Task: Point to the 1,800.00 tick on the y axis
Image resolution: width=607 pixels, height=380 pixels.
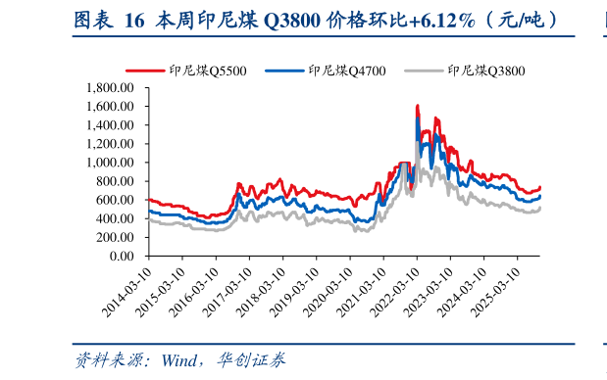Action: pos(107,87)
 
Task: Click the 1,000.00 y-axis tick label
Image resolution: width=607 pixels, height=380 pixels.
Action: pos(107,163)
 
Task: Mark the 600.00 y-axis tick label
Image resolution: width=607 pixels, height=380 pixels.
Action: pos(113,200)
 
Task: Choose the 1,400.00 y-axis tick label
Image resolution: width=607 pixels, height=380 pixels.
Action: pos(107,124)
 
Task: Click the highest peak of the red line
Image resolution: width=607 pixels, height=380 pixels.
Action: pos(418,105)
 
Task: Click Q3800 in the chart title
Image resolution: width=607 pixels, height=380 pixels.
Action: pos(295,20)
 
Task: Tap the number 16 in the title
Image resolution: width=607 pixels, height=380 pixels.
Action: pos(134,20)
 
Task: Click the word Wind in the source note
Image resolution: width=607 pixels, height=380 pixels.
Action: pos(181,360)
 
